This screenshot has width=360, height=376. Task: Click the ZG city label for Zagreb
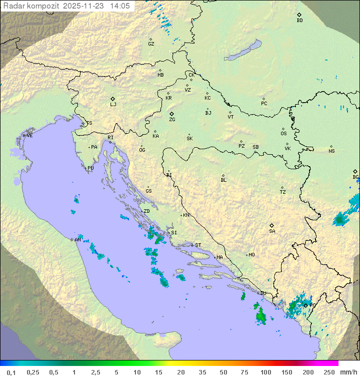tap(172, 120)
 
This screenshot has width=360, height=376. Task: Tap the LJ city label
tap(113, 105)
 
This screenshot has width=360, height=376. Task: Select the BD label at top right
tap(299, 21)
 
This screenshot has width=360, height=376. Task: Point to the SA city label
tap(272, 231)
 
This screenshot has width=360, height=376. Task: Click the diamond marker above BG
tap(355, 171)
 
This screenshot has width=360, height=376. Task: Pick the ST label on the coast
tap(198, 245)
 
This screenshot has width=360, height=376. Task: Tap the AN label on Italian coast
tap(77, 240)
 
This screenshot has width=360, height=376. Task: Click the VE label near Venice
tap(29, 136)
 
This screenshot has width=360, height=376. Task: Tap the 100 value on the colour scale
tap(265, 372)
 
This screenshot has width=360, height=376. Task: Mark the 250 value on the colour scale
tap(329, 372)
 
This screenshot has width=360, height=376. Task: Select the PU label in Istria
tap(90, 168)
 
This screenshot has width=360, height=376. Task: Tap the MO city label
tap(251, 255)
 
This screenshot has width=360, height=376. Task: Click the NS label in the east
tap(331, 151)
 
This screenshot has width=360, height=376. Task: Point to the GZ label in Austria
tap(151, 44)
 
